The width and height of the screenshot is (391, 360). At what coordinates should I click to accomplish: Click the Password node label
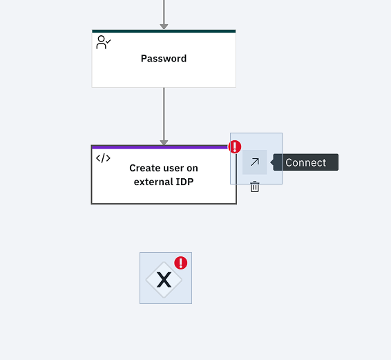coord(164,59)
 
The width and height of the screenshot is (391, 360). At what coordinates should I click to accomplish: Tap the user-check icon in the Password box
coord(103,42)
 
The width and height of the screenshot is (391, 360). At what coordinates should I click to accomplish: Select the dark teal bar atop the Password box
coord(164,31)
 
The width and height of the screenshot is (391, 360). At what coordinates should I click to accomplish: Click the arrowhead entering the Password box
coord(164,26)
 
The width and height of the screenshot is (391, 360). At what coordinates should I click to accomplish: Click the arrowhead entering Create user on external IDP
coord(164,142)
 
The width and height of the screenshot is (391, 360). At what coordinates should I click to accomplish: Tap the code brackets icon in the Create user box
coord(103,158)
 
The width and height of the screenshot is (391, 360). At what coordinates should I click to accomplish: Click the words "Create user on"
coord(164,168)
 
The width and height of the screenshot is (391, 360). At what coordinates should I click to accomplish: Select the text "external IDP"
coord(164,182)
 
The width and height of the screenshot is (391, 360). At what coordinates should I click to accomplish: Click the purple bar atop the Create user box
coord(160,147)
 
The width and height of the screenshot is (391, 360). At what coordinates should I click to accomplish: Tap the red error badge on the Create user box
coord(235,146)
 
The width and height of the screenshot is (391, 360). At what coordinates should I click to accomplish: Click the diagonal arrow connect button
coord(255,162)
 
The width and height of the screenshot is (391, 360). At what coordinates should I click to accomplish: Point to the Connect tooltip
coord(306,162)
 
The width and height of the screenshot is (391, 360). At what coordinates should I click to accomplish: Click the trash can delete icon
coord(255,187)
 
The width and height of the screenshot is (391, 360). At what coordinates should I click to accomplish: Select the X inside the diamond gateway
coord(164,280)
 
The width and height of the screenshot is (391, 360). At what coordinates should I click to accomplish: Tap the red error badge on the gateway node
coord(181,263)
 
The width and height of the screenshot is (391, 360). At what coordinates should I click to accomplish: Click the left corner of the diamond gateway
coord(146,280)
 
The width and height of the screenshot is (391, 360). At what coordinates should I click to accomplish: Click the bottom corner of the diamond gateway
coord(164,298)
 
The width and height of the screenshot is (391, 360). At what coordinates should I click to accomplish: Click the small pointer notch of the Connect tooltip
coord(271,162)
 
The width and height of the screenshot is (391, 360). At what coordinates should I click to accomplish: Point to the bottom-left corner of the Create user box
coord(91,204)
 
